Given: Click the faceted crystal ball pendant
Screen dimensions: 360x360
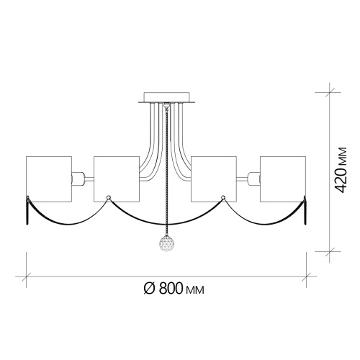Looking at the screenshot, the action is coord(166,243).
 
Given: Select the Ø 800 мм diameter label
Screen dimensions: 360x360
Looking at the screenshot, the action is coord(174,288).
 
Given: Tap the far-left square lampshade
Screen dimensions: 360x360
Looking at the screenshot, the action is coord(49,179).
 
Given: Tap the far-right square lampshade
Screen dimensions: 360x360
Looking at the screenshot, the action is coord(283,179).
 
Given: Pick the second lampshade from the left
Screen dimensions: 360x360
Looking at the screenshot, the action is coord(117,179).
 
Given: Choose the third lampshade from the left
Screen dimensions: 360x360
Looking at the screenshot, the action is coord(214,179).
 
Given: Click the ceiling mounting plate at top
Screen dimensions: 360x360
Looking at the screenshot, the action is coord(166,98).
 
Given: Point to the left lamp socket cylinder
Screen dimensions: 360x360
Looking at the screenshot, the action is coord(78,179).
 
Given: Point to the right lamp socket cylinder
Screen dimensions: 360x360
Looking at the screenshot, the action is coord(254,179).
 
